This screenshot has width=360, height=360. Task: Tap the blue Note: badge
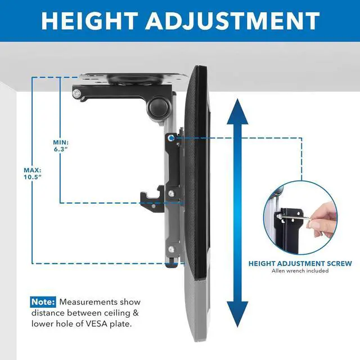coord(43,302)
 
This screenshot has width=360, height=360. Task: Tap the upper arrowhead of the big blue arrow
coord(237,109)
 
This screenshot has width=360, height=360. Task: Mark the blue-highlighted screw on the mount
coord(170,137)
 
